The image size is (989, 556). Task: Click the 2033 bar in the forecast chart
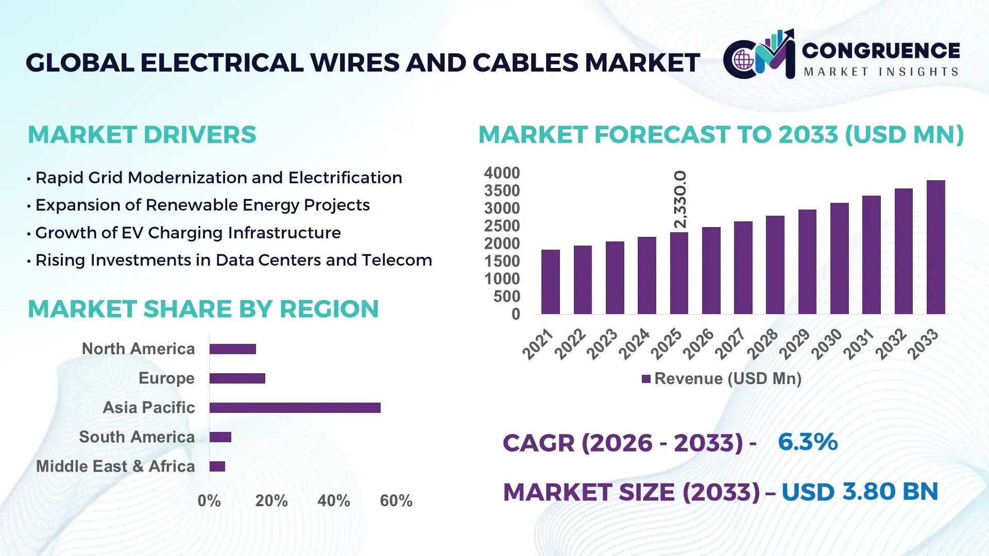point(935,247)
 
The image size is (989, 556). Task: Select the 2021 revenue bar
point(550,282)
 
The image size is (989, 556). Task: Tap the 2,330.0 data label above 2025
point(680,200)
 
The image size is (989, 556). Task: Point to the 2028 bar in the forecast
point(775,265)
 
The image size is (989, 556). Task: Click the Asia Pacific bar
point(295,408)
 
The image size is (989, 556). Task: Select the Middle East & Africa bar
point(217,466)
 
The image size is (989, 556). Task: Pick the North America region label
point(138,349)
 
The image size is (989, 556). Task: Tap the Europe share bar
point(237,378)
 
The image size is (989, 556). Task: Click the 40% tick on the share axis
point(333,500)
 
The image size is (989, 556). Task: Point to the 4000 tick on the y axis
point(501,173)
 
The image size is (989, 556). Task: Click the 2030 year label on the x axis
point(826,344)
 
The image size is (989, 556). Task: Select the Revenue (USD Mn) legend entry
point(721,379)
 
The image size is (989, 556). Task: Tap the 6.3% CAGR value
point(807,442)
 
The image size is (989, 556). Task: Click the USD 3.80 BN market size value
point(859,492)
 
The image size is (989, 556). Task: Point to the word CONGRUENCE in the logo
point(880,50)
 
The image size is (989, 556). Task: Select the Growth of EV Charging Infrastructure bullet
point(187,233)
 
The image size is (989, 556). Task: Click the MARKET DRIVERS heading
point(142,135)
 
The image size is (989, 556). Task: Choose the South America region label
point(137,437)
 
